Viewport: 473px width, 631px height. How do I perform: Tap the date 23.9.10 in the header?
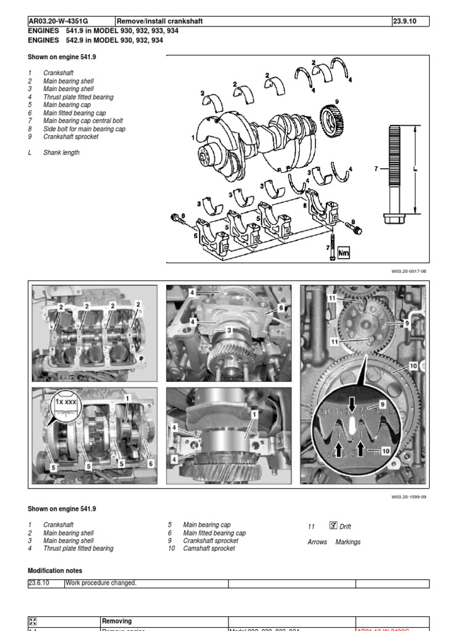404,22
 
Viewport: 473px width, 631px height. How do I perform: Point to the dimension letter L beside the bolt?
416,168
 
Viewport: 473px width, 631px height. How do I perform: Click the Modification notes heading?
55,571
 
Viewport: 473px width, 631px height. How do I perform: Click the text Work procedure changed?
100,584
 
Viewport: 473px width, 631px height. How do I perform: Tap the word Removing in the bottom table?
116,621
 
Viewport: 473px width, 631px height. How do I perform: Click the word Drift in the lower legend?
345,527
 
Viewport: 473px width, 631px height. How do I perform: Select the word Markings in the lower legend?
348,542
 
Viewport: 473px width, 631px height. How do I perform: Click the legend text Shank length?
61,153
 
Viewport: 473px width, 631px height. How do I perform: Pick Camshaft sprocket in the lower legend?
209,548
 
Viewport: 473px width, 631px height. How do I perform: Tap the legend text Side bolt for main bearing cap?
84,129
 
